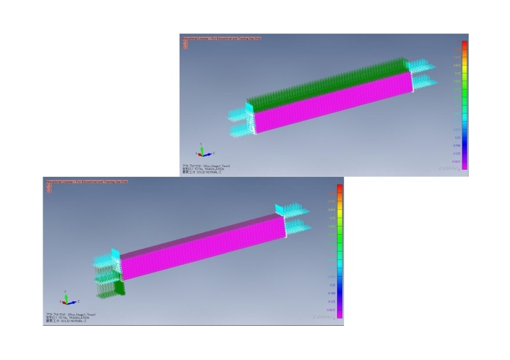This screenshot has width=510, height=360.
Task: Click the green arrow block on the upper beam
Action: (323, 87)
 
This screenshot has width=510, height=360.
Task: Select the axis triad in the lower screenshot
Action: (68, 301)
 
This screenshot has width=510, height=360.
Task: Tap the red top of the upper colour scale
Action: (464, 45)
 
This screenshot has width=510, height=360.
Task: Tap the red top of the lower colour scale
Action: (340, 189)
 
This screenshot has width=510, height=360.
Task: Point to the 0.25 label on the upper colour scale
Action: (457, 137)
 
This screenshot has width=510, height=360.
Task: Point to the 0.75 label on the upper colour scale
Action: (457, 73)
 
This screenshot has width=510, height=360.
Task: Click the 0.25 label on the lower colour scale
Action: (332, 285)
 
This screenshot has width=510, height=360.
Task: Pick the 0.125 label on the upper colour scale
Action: (457, 154)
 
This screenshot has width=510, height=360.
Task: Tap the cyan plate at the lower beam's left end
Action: (111, 254)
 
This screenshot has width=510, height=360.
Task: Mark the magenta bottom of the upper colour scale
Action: (464, 166)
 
